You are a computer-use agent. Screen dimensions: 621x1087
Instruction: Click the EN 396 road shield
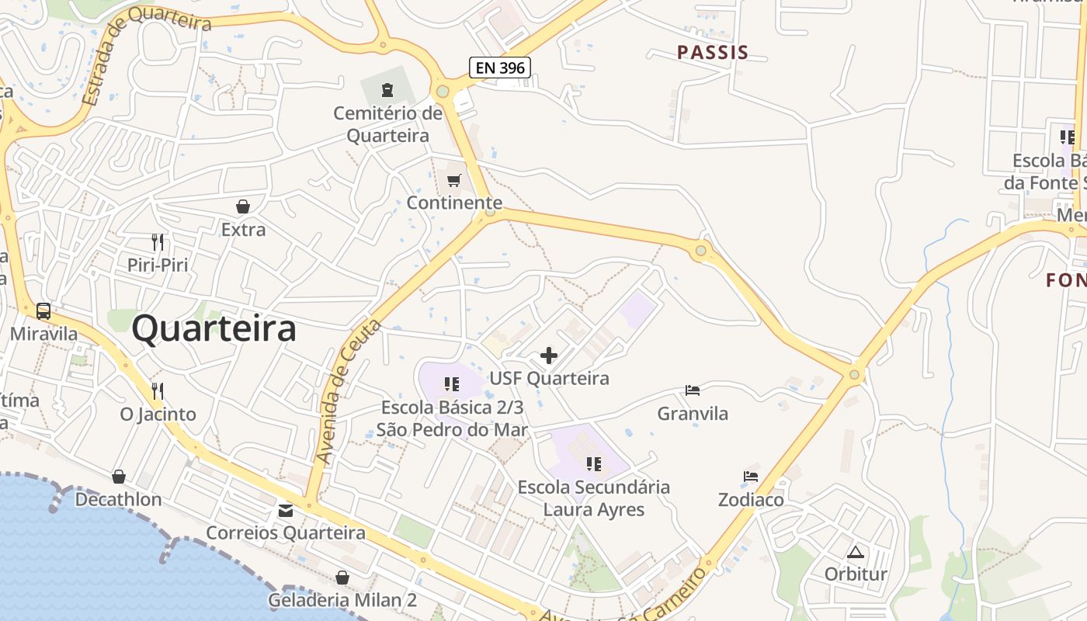tap(500, 68)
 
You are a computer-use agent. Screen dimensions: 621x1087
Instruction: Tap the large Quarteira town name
tap(214, 328)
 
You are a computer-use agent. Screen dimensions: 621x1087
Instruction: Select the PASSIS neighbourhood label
tap(713, 53)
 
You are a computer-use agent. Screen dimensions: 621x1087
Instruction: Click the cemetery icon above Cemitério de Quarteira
tap(387, 90)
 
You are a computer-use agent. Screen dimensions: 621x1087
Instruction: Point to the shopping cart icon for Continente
tap(454, 181)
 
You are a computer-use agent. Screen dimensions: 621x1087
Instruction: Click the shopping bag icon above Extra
tap(243, 206)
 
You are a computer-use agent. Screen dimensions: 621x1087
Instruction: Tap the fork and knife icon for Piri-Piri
tap(158, 241)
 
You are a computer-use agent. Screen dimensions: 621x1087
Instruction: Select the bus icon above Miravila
tap(43, 311)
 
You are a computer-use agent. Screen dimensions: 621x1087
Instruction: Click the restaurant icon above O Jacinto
tap(158, 390)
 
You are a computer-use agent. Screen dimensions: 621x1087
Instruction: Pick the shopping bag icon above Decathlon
tap(119, 476)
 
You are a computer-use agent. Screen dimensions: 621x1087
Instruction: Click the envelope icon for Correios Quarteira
tap(286, 510)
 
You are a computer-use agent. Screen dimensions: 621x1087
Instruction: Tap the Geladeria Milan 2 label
tap(342, 600)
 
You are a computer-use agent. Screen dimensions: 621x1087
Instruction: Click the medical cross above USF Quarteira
tap(549, 356)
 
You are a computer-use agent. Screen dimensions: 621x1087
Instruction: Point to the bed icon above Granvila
tap(693, 390)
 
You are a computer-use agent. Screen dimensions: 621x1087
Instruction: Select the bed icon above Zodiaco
tap(751, 476)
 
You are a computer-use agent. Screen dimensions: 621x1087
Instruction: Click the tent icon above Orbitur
tap(856, 552)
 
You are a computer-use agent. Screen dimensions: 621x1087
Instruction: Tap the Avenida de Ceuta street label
tap(349, 392)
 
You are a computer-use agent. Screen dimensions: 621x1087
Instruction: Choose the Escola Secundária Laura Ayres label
tap(594, 498)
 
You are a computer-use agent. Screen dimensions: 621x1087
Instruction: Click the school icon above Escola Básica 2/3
tap(452, 383)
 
